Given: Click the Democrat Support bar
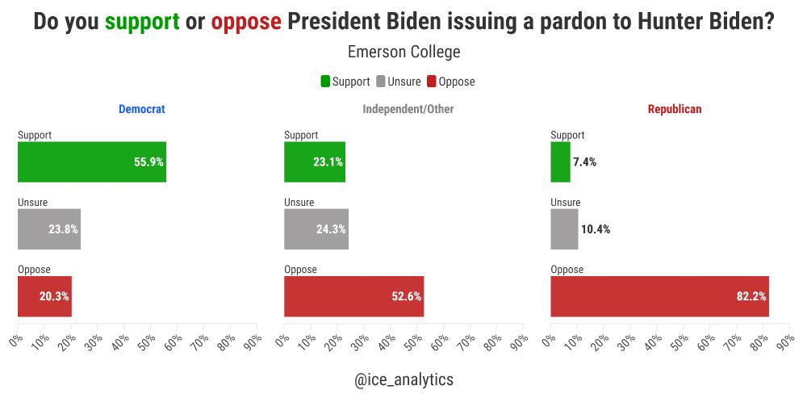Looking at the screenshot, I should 91,161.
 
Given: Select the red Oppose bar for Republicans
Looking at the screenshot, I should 659,296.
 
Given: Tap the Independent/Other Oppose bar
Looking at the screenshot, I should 353,296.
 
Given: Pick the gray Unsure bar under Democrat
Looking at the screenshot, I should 48,228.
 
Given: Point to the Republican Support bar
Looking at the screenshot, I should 560,161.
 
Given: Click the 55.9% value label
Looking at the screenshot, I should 148,161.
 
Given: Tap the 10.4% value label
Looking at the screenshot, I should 596,229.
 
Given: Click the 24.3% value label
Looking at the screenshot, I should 331,229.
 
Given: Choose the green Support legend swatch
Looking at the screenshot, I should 325,82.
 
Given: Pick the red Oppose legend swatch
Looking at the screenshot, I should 431,82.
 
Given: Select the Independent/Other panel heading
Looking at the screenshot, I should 408,109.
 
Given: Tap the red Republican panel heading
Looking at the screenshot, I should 675,109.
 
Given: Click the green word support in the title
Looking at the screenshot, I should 142,22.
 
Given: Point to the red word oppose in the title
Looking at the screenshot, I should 246,22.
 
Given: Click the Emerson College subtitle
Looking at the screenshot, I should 403,52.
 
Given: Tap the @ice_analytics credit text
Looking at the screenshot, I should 403,379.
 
